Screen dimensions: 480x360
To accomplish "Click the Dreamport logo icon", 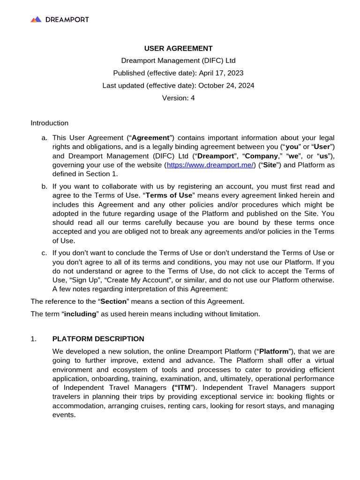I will coord(36,19).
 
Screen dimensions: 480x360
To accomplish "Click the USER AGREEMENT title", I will coord(178,48).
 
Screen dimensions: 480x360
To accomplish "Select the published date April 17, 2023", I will coord(221,73).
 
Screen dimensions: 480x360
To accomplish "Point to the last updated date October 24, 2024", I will coord(226,85).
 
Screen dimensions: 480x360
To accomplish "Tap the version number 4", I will coord(192,98).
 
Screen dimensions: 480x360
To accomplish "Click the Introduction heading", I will coord(50,123).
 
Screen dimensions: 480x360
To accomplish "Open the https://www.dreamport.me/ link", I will coord(211,165).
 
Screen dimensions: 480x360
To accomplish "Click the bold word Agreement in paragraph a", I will coord(150,138).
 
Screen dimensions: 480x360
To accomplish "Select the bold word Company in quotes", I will coord(262,156).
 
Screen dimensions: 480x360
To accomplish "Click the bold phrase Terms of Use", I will coord(172,195).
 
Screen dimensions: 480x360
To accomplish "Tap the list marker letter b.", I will coord(44,186).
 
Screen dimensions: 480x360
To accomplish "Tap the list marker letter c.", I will coord(44,253).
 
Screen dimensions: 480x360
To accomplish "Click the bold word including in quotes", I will coord(80,314).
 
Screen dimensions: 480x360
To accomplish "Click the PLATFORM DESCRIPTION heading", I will coord(98,339).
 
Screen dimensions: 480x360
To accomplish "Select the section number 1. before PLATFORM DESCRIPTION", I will coord(33,339).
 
